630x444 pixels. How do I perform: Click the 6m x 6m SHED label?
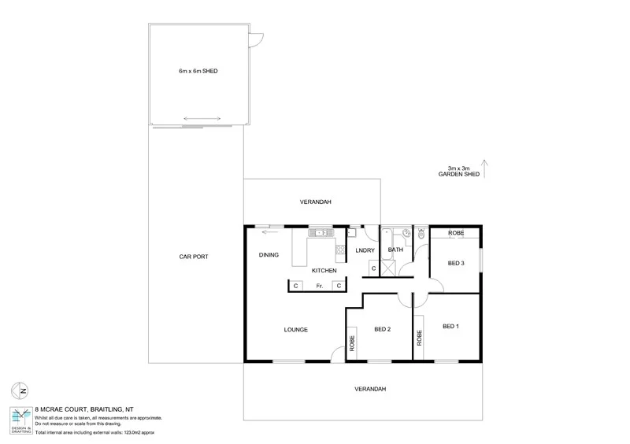pyautogui.click(x=197, y=71)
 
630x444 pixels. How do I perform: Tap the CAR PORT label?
pyautogui.click(x=193, y=257)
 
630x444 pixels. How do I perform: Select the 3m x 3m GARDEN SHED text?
pyautogui.click(x=458, y=172)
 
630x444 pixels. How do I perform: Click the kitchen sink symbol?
pyautogui.click(x=321, y=232)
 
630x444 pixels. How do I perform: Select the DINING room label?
pyautogui.click(x=269, y=255)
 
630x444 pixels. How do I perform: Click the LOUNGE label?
pyautogui.click(x=295, y=329)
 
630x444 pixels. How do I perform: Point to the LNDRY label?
pyautogui.click(x=365, y=251)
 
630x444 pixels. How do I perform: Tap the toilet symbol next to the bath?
pyautogui.click(x=421, y=234)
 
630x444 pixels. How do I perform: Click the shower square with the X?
pyautogui.click(x=388, y=268)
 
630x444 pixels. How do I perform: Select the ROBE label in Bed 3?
pyautogui.click(x=455, y=234)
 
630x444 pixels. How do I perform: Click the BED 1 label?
pyautogui.click(x=450, y=326)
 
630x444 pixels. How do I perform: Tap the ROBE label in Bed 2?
pyautogui.click(x=351, y=344)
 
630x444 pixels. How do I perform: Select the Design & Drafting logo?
pyautogui.click(x=21, y=420)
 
